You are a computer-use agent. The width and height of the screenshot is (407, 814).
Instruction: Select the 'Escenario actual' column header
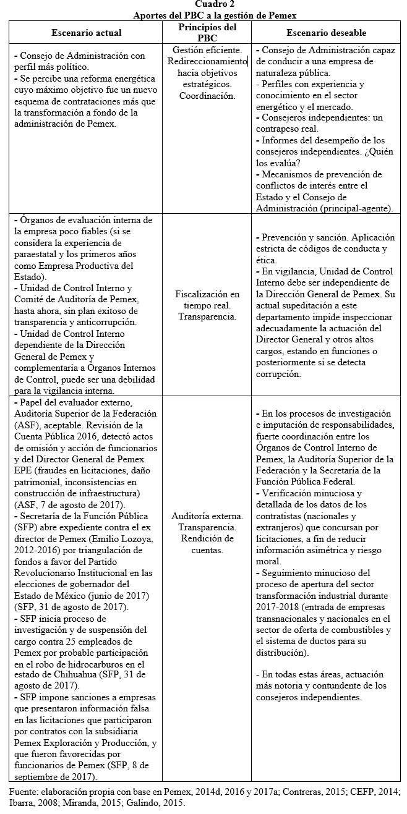87,32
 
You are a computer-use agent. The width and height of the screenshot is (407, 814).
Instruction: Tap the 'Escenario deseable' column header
326,32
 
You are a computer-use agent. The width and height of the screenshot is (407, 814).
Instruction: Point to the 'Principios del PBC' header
207,32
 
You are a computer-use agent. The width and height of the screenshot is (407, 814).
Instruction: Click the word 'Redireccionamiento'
207,61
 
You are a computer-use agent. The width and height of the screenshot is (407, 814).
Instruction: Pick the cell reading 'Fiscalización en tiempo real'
207,305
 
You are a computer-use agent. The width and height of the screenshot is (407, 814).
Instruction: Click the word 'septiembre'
40,776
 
